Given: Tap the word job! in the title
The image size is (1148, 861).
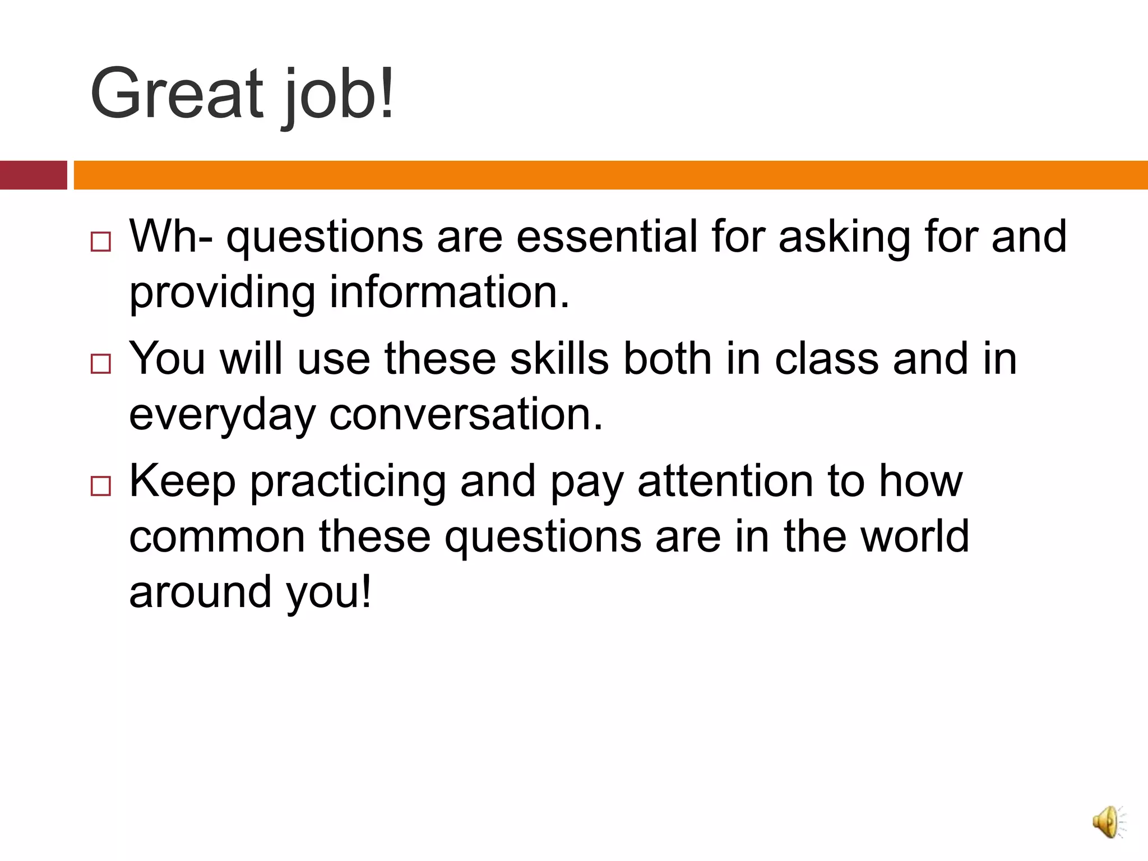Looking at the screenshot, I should coord(339,95).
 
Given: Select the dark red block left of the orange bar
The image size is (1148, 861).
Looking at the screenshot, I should coord(33,175).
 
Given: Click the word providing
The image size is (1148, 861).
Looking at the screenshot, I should coord(223,293).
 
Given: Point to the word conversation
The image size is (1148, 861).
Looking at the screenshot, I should coord(466,414).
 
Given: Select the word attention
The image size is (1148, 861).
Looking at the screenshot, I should coord(725,481).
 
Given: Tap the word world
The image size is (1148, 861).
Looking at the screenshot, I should coord(914,536).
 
